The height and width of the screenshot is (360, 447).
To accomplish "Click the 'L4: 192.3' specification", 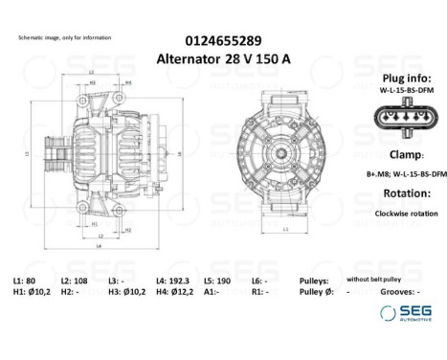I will tap(173, 280).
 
